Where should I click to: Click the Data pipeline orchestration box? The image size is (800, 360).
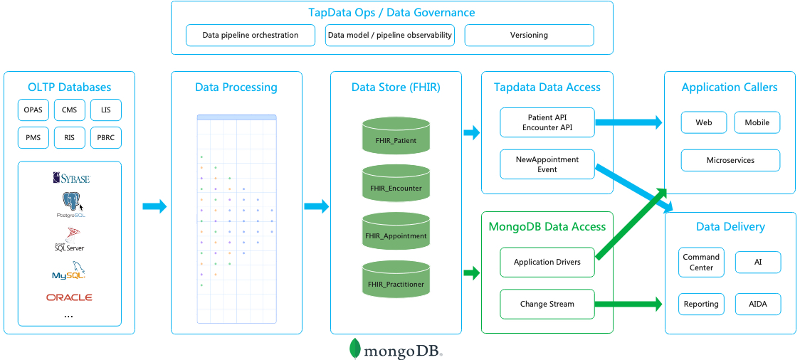click(x=251, y=35)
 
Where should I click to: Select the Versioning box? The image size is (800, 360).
click(x=529, y=35)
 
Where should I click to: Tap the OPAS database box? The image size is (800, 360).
click(x=33, y=110)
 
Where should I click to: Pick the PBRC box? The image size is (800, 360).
click(x=106, y=137)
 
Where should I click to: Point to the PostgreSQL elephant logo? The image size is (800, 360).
click(x=70, y=203)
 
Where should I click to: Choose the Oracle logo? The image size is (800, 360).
click(x=69, y=297)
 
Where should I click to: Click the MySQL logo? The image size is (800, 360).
click(x=69, y=271)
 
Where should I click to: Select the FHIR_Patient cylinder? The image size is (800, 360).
click(x=396, y=136)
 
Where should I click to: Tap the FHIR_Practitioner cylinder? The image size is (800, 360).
click(x=396, y=279)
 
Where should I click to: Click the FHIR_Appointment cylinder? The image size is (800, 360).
click(x=396, y=231)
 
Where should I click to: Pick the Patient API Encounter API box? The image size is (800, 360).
click(x=547, y=122)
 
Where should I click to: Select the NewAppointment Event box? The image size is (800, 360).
click(x=547, y=164)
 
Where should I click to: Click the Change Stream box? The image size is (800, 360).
click(x=547, y=304)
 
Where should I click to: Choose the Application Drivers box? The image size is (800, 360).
click(x=547, y=262)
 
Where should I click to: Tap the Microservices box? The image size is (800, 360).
click(x=730, y=160)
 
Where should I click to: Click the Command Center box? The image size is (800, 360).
click(x=701, y=262)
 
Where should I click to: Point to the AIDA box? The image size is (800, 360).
click(x=757, y=304)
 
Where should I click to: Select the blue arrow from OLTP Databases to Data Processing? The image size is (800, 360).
click(x=154, y=206)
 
